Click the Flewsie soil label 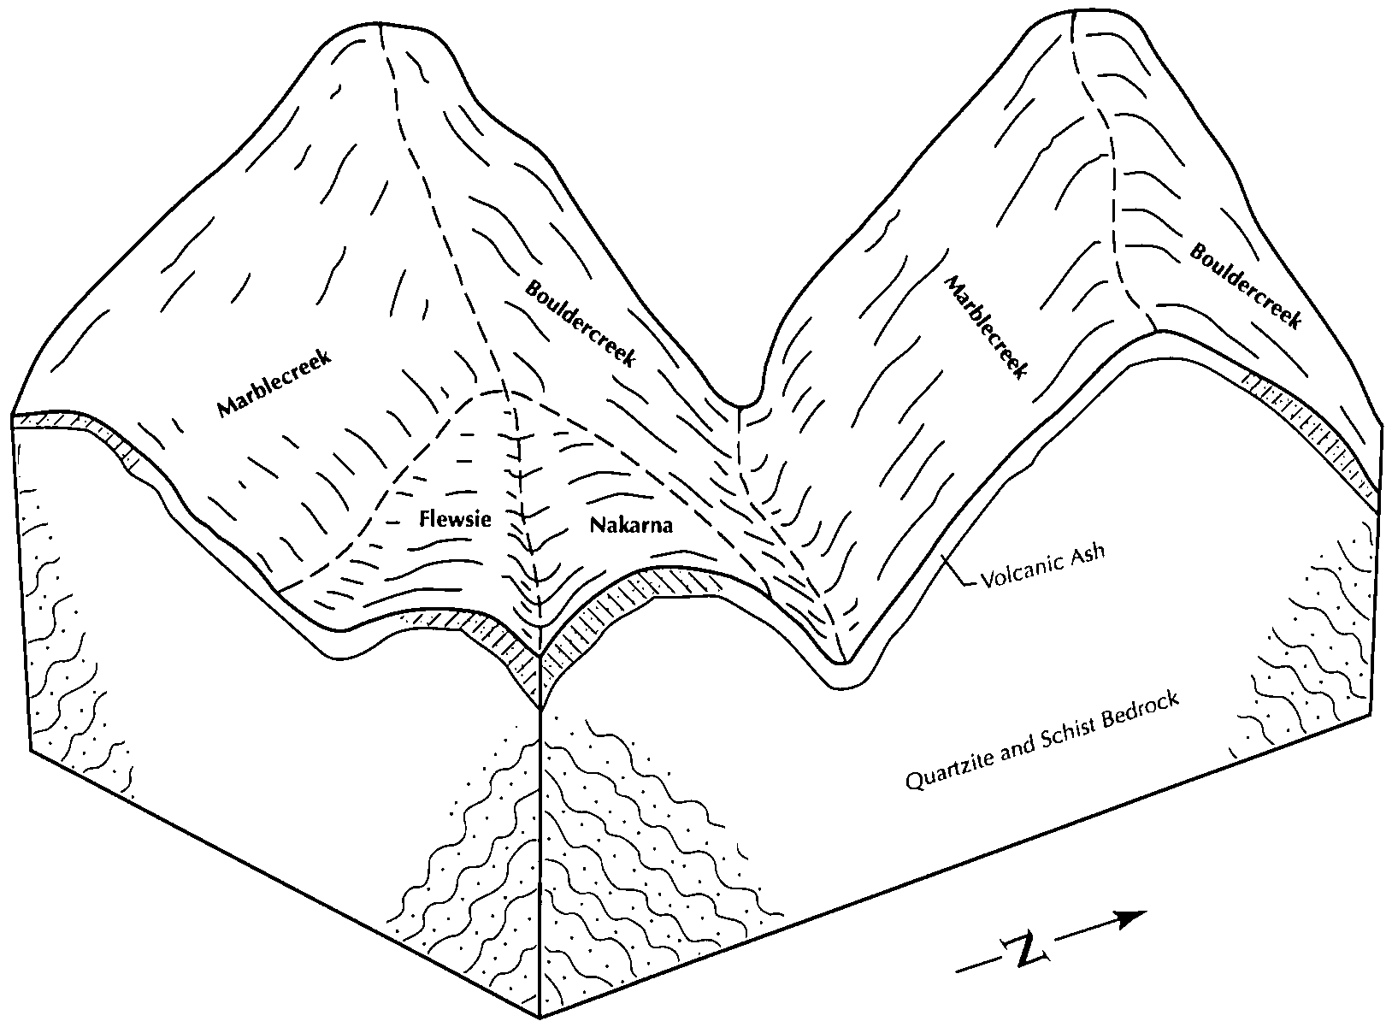click(455, 519)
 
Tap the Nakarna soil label click(631, 525)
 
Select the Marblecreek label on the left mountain click(274, 384)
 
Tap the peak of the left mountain click(379, 26)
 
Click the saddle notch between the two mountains click(740, 403)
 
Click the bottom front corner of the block click(540, 1018)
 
